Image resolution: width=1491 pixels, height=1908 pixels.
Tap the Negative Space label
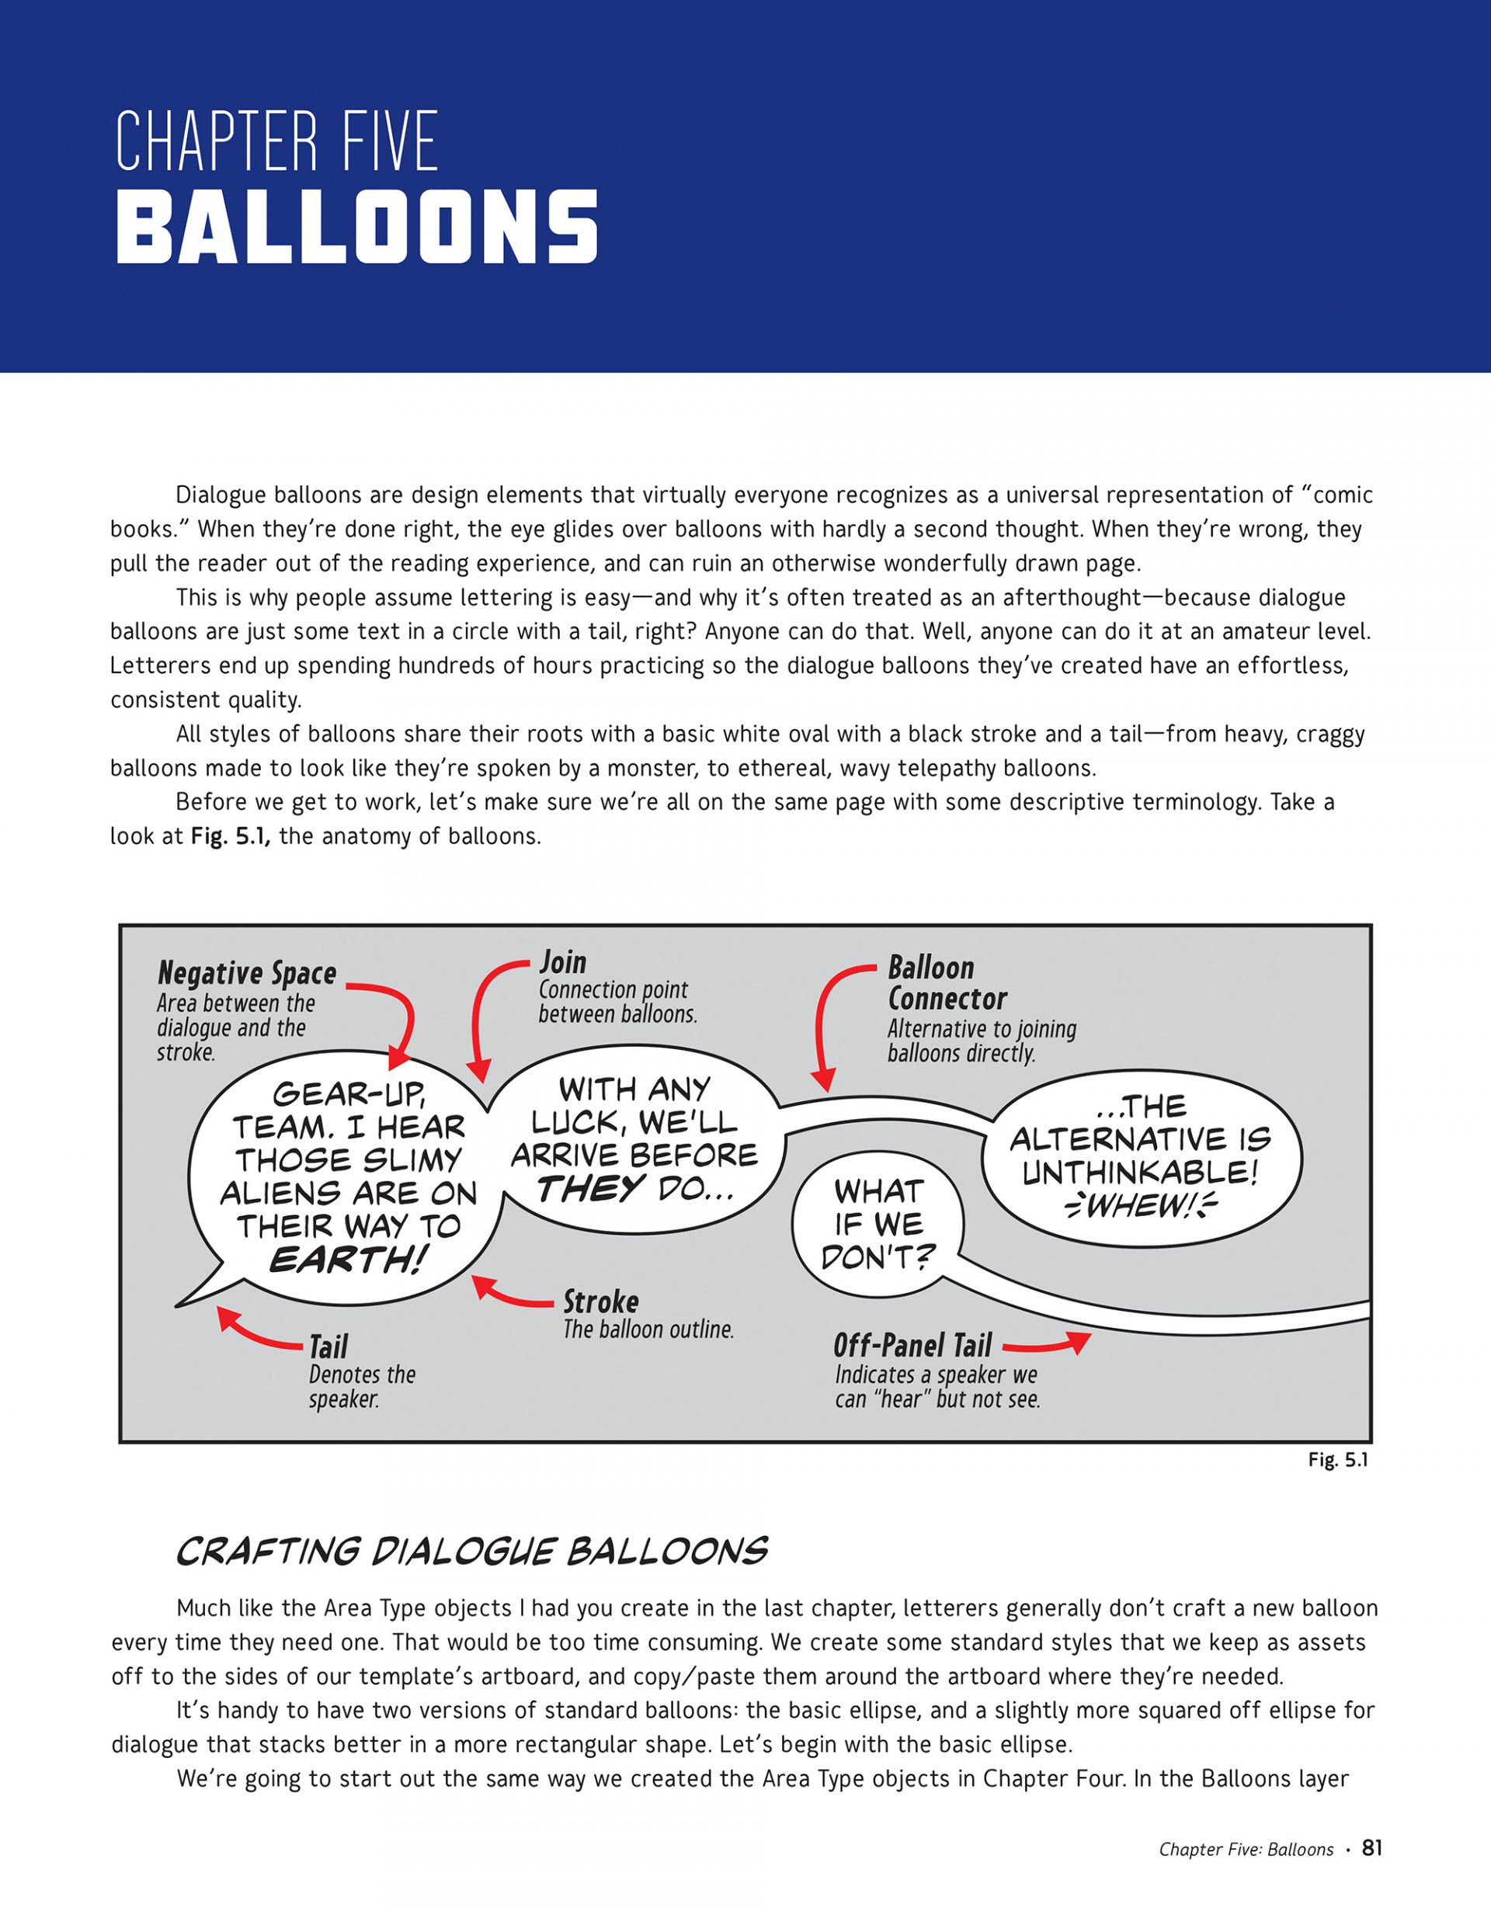pyautogui.click(x=247, y=973)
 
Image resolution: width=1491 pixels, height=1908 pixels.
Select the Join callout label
pyautogui.click(x=562, y=962)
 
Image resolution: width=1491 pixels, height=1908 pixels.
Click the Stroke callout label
pyautogui.click(x=600, y=1302)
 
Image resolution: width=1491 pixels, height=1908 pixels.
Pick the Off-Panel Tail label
pyautogui.click(x=912, y=1344)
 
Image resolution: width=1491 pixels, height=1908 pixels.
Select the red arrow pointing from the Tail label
pyautogui.click(x=258, y=1331)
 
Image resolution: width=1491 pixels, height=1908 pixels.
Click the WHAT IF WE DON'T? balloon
pyautogui.click(x=878, y=1224)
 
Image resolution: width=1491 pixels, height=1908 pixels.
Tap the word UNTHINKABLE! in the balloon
pyautogui.click(x=1140, y=1173)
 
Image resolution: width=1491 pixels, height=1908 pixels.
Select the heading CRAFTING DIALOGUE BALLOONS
pyautogui.click(x=471, y=1552)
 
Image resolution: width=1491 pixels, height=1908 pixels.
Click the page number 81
pyautogui.click(x=1371, y=1847)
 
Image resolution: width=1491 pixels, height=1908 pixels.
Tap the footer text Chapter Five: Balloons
pyautogui.click(x=1246, y=1850)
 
